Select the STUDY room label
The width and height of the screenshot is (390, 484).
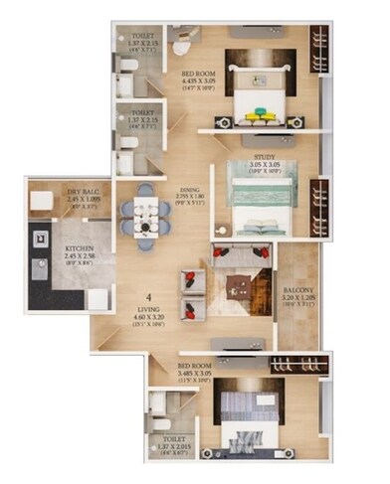tap(264, 156)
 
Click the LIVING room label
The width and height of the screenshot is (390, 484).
tap(148, 309)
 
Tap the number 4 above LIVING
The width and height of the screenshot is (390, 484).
tap(148, 296)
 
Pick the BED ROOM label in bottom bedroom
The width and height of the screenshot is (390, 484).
tap(196, 352)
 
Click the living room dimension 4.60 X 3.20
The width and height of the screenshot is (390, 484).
tap(148, 319)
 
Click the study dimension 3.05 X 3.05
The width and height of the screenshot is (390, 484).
tap(264, 165)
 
